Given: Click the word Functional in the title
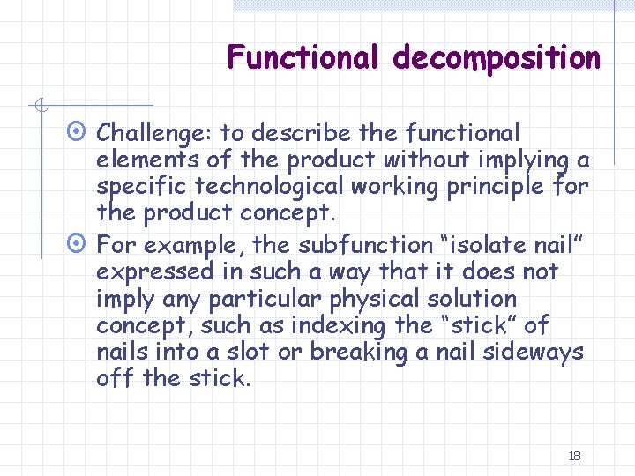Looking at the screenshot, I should pyautogui.click(x=300, y=57).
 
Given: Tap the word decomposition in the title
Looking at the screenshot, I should pyautogui.click(x=497, y=57).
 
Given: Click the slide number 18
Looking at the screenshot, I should pyautogui.click(x=574, y=456).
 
